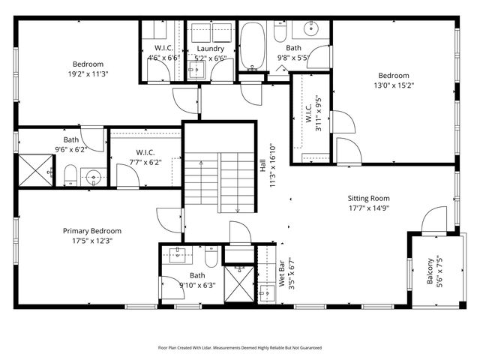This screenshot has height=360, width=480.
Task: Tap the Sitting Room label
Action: pos(368,199)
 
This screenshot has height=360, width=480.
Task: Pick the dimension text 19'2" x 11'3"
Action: pos(88,74)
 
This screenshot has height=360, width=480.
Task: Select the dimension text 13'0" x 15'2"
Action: pos(393,85)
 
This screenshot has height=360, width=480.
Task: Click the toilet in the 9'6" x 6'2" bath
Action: pos(69,176)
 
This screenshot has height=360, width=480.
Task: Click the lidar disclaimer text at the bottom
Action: pos(239,348)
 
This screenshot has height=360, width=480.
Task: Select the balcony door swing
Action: pos(433,222)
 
